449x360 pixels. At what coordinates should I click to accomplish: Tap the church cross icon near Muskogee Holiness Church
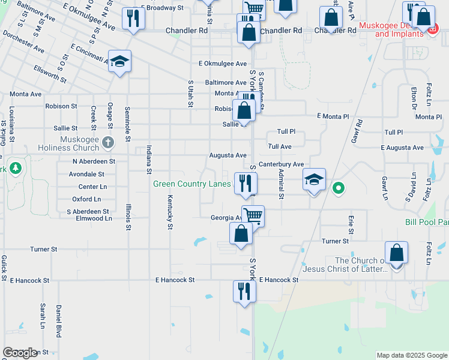[x=108, y=142]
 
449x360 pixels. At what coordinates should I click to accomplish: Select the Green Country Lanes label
[x=191, y=184]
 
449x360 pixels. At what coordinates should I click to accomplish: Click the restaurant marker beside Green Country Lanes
[x=245, y=183]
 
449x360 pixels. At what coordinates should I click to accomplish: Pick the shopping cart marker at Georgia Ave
[x=253, y=216]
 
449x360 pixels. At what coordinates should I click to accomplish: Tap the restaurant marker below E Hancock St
[x=244, y=292]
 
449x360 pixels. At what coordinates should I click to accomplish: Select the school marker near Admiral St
[x=314, y=180]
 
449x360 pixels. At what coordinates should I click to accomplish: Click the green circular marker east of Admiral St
[x=338, y=188]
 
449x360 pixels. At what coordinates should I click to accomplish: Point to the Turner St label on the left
[x=44, y=249]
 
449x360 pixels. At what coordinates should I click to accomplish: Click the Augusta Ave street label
[x=228, y=155]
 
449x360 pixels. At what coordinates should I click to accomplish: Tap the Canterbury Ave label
[x=282, y=164]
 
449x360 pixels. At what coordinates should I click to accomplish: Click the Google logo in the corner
[x=20, y=353]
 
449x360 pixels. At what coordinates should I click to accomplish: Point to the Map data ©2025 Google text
[x=411, y=355]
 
